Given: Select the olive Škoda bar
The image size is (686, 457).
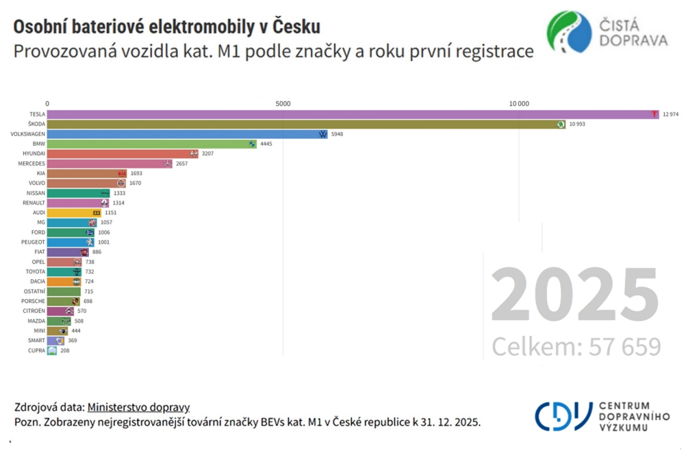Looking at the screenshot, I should tap(301, 124).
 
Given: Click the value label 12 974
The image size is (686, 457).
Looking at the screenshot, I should tap(670, 114).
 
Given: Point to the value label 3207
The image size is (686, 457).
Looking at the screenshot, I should tap(207, 154).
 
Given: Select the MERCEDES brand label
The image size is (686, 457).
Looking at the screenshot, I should tap(31, 164).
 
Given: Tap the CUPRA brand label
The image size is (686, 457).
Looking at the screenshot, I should tap(36, 350).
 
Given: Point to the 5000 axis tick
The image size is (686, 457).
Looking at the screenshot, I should tap(283, 103).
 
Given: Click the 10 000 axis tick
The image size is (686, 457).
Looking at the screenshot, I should tap(518, 103).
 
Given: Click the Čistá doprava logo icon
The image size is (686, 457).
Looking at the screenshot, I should tap(569, 31).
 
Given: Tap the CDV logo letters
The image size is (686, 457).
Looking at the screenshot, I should tap(563, 415).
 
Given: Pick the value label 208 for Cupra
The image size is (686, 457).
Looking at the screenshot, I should tap(64, 350).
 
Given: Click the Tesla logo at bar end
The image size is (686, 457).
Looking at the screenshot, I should tap(655, 114).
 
